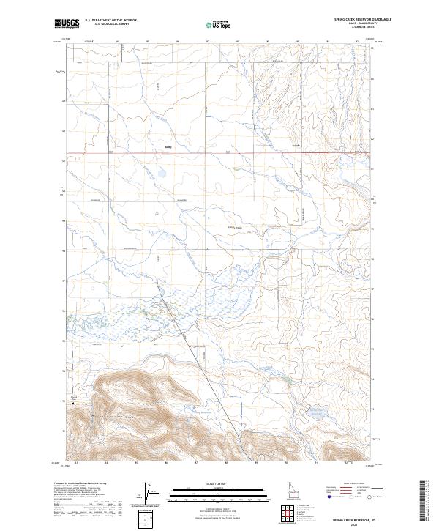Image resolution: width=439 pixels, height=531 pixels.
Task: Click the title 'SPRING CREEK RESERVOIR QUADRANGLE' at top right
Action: (x=353, y=20)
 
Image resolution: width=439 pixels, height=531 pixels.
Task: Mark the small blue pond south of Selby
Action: (x=162, y=174)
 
